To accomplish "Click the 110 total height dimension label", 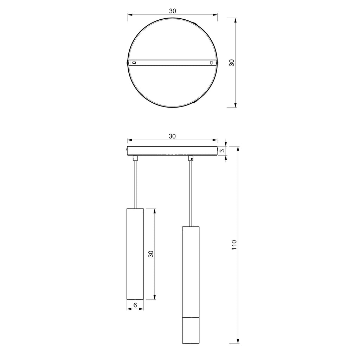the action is click(x=234, y=245).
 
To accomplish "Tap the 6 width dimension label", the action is click(x=135, y=305).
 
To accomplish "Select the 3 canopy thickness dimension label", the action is click(x=222, y=151).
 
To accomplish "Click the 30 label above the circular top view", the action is click(x=172, y=11).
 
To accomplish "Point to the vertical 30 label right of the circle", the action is click(x=232, y=63).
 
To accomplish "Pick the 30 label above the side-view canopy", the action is click(x=172, y=136).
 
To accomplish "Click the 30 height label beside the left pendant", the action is click(x=150, y=254).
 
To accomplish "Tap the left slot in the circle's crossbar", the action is click(x=134, y=63).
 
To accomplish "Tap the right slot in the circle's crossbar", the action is click(x=211, y=62).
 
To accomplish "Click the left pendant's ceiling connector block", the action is click(x=135, y=158).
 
